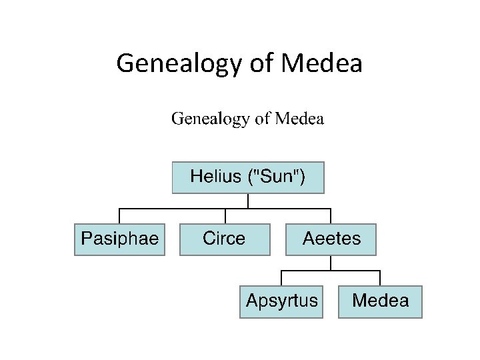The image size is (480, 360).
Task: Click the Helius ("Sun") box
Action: [x=248, y=177]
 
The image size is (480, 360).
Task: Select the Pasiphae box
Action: [x=119, y=239]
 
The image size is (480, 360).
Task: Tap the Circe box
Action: [x=225, y=239]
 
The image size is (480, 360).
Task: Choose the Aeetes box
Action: [x=331, y=239]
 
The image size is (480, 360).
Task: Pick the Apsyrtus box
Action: [x=282, y=301]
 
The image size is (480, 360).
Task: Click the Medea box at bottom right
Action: [x=380, y=301]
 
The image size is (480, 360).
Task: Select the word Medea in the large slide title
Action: [x=321, y=64]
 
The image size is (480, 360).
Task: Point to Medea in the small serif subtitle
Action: [x=299, y=119]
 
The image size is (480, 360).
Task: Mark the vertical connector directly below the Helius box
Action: [x=248, y=201]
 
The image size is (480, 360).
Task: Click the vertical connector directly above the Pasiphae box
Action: [x=119, y=216]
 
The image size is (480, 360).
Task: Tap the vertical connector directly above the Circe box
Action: [x=225, y=216]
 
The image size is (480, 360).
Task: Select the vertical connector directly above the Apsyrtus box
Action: [x=281, y=278]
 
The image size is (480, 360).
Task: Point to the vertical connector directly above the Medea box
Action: [x=380, y=278]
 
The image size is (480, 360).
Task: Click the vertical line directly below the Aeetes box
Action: [x=331, y=263]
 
